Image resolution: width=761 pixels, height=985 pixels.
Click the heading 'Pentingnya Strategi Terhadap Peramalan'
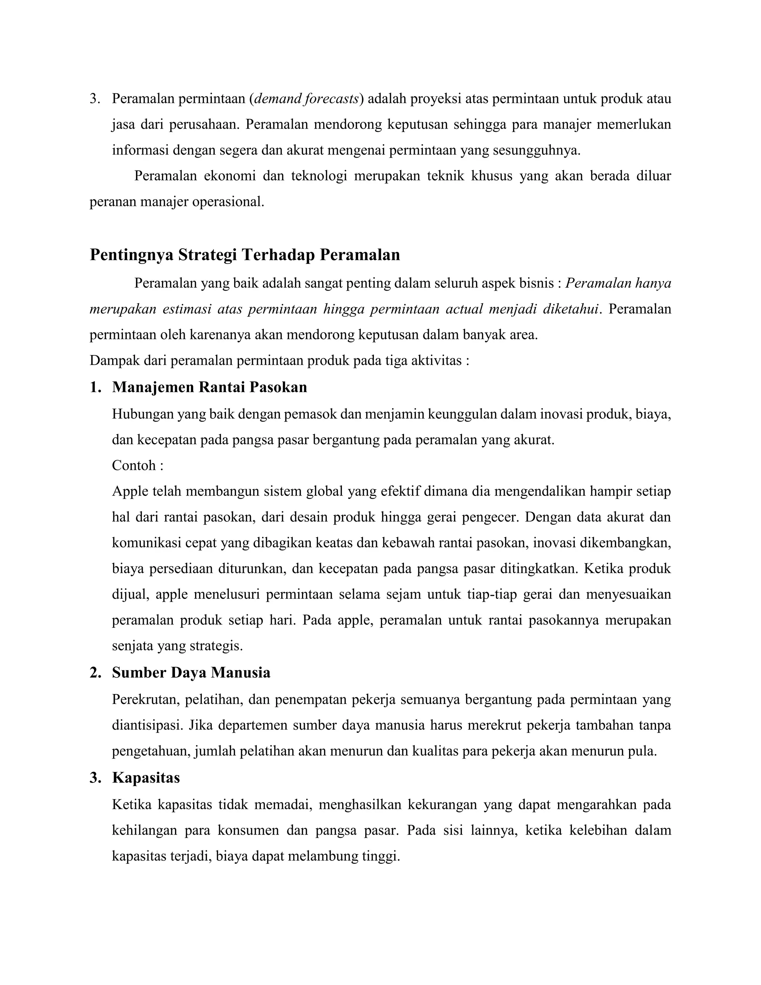(245, 255)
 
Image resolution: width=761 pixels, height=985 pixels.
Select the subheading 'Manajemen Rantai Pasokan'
(209, 387)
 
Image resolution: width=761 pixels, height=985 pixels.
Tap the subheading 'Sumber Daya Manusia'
(191, 672)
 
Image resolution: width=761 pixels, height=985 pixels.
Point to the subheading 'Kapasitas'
(146, 778)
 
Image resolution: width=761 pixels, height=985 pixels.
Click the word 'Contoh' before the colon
(134, 465)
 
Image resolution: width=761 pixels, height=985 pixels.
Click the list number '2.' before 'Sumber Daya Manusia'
(95, 672)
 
